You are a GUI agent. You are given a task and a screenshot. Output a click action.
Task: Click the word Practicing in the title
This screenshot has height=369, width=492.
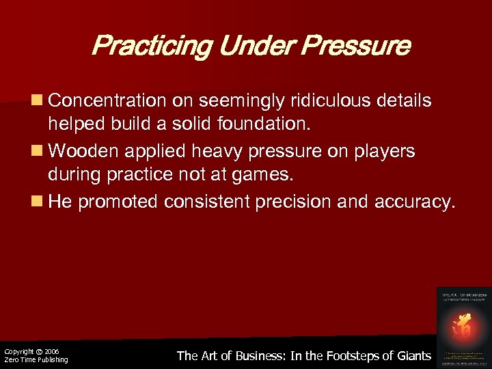143,46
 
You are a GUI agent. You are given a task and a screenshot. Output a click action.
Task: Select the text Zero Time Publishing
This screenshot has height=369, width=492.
36,360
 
